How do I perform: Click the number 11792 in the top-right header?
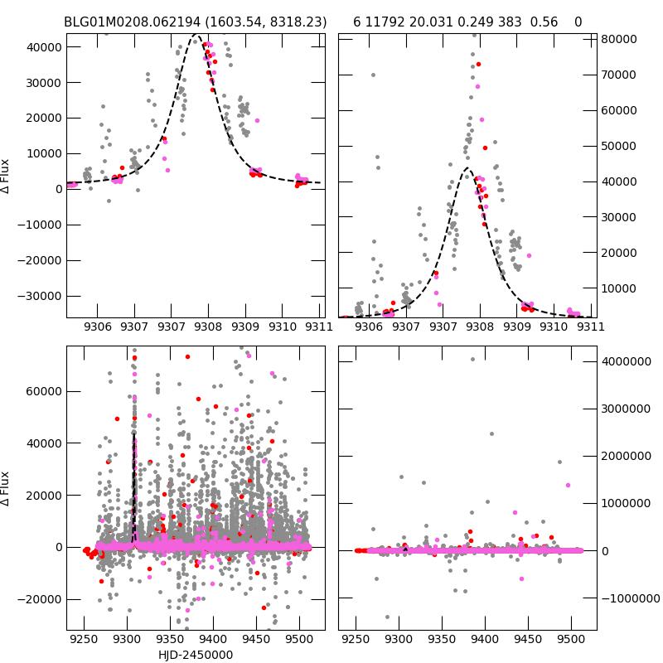384,22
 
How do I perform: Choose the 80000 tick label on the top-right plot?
617,39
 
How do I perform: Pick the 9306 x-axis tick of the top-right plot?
369,327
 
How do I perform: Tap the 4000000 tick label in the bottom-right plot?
626,361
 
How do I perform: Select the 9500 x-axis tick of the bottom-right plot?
570,641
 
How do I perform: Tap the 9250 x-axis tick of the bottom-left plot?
84,641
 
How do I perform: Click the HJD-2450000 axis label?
196,655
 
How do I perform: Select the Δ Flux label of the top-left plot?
7,176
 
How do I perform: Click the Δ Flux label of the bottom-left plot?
7,488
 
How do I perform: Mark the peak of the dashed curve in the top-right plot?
467,168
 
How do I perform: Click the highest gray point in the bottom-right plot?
472,359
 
